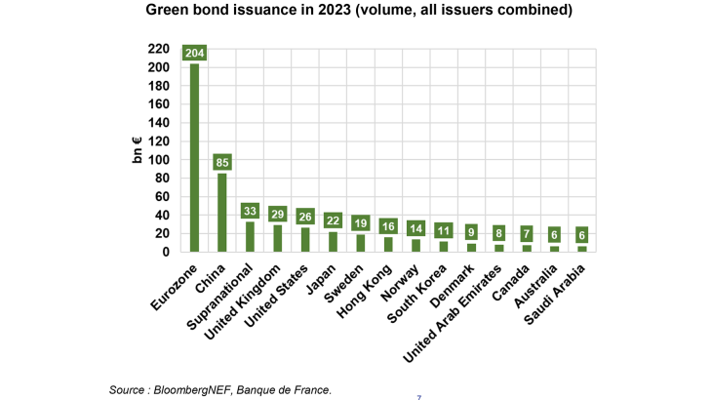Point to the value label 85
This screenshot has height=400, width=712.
222,162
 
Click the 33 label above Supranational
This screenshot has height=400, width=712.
251,210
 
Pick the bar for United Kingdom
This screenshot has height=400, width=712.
278,238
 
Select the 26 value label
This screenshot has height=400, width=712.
305,217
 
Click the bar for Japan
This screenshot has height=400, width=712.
334,241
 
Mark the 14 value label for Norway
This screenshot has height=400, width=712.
416,228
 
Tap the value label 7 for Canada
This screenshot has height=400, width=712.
527,234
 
